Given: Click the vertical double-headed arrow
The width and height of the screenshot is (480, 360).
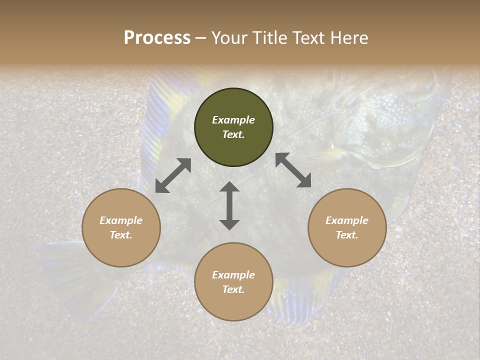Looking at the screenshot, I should pyautogui.click(x=229, y=205).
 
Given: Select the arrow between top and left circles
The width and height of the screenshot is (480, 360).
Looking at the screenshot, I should pyautogui.click(x=173, y=175).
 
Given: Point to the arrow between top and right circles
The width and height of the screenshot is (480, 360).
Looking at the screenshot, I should pyautogui.click(x=293, y=170).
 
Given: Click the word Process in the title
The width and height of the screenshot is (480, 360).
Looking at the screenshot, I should pyautogui.click(x=157, y=37).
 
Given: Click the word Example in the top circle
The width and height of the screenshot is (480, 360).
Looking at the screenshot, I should pyautogui.click(x=233, y=120).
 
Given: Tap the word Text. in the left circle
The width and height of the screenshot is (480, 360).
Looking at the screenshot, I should pyautogui.click(x=121, y=235).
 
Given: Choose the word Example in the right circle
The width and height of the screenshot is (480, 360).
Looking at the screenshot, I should pyautogui.click(x=347, y=220).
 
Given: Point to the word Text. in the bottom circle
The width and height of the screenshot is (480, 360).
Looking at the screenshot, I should pyautogui.click(x=233, y=289).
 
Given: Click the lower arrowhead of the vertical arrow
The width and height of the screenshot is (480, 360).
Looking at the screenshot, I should pyautogui.click(x=229, y=224).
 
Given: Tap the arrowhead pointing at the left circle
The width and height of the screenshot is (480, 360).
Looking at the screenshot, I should pyautogui.click(x=161, y=187).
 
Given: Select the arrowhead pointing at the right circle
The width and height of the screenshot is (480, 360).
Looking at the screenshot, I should pyautogui.click(x=304, y=181).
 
